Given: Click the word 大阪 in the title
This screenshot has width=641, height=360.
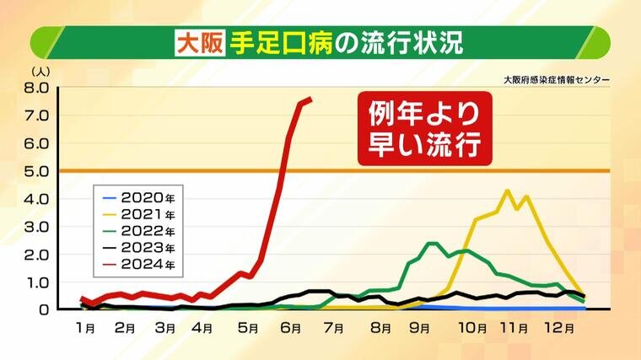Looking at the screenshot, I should [198, 41].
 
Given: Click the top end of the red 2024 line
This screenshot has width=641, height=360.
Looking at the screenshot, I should [310, 99].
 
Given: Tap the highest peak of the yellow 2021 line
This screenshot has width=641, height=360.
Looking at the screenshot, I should [507, 191].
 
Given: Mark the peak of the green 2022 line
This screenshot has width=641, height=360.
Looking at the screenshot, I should [433, 244].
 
